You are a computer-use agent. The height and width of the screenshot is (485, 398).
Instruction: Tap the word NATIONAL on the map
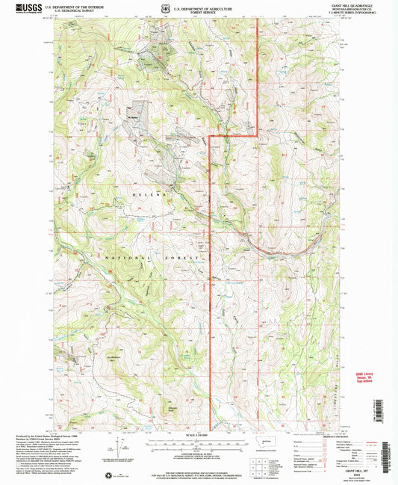pos(126,256)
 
